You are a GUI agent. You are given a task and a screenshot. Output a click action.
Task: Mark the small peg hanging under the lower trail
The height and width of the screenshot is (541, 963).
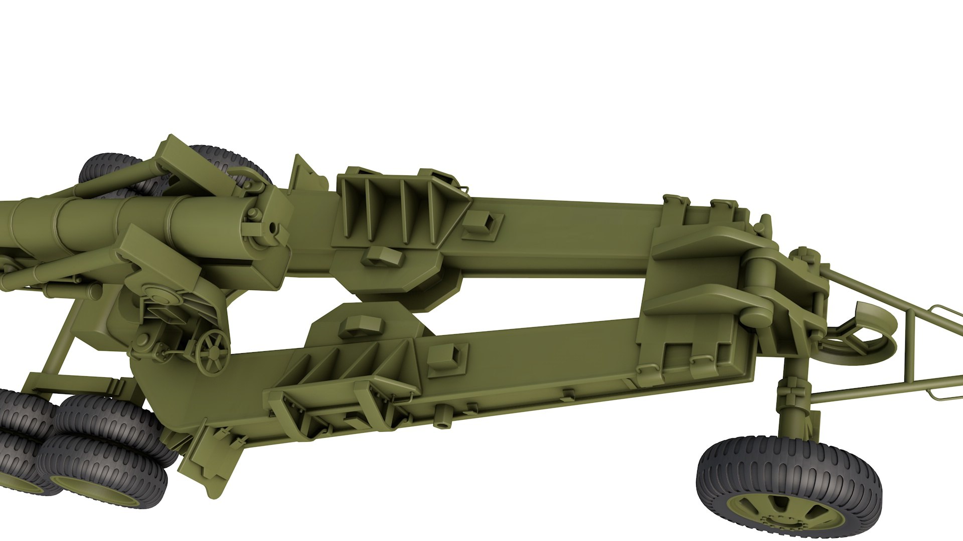coord(441,416)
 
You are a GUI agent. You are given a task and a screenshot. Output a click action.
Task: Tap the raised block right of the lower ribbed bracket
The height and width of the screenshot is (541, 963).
coord(446,356)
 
